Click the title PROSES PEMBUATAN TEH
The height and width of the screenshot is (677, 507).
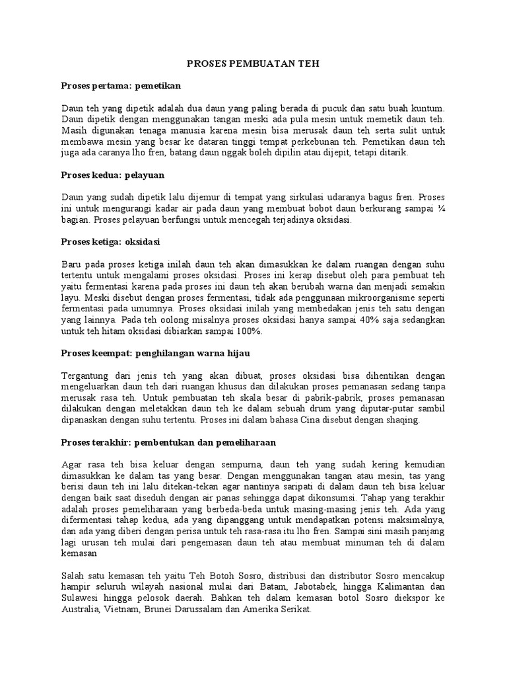point(253,65)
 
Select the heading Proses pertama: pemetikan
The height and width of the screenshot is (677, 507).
point(121,86)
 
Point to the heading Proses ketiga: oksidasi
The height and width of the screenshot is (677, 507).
point(112,241)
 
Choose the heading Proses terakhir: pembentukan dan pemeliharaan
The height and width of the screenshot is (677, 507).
point(168,441)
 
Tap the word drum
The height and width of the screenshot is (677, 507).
point(333,409)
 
